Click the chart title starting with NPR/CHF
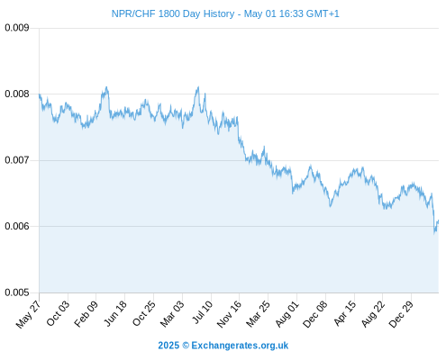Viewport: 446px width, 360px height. [x=225, y=13]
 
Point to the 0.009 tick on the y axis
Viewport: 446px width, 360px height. [x=17, y=28]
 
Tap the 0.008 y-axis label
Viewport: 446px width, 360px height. [x=17, y=94]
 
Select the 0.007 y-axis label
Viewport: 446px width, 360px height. [x=17, y=160]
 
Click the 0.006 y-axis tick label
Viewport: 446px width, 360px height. [x=17, y=226]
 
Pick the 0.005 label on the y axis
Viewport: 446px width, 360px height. [x=17, y=292]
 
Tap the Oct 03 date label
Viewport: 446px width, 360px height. [x=58, y=313]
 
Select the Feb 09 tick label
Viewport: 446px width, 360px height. [x=86, y=314]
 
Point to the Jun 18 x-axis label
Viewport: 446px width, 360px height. [x=115, y=313]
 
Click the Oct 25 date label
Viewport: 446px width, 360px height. [x=144, y=313]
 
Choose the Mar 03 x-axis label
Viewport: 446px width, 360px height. [x=172, y=314]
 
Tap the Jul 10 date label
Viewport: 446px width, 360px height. [x=203, y=312]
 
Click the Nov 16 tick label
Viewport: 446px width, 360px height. [x=229, y=314]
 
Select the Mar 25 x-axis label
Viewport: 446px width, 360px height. [x=258, y=314]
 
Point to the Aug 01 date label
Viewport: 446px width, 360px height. [x=287, y=314]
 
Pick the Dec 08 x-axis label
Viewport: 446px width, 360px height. [x=315, y=314]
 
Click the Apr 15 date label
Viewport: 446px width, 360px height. [x=345, y=313]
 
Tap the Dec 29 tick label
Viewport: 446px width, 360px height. [x=401, y=314]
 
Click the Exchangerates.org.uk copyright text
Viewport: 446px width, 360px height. [x=223, y=346]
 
